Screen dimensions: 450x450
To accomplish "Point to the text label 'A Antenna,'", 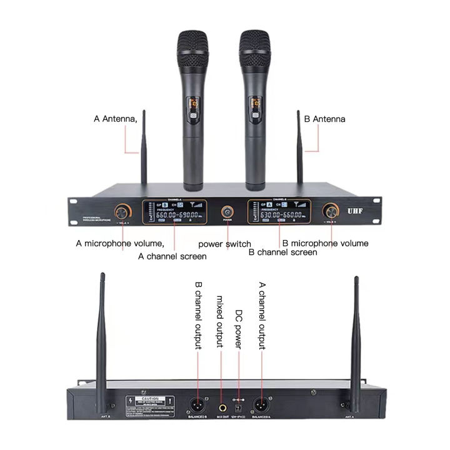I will coord(115,119).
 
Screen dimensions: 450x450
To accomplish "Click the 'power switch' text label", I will coord(224,244).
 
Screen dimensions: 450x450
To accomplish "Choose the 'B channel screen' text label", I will coord(282,252).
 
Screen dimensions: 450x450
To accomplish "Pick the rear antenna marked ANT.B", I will coord(102,325).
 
